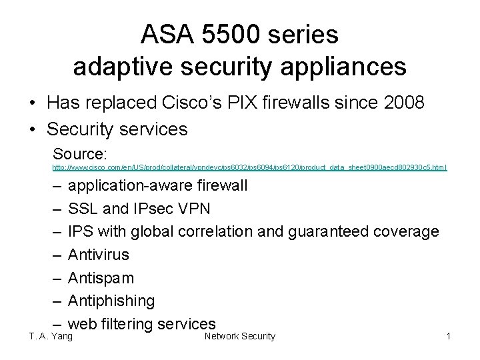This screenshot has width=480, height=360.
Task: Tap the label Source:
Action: pyautogui.click(x=79, y=152)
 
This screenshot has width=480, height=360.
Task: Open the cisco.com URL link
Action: pyautogui.click(x=249, y=167)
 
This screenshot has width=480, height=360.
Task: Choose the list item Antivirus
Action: pyautogui.click(x=99, y=255)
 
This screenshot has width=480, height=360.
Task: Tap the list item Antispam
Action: pyautogui.click(x=101, y=278)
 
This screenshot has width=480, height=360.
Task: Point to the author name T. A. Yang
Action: pyautogui.click(x=51, y=337)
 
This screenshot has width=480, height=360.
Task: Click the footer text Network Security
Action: pyautogui.click(x=239, y=337)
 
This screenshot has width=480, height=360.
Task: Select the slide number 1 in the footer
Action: pyautogui.click(x=449, y=337)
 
